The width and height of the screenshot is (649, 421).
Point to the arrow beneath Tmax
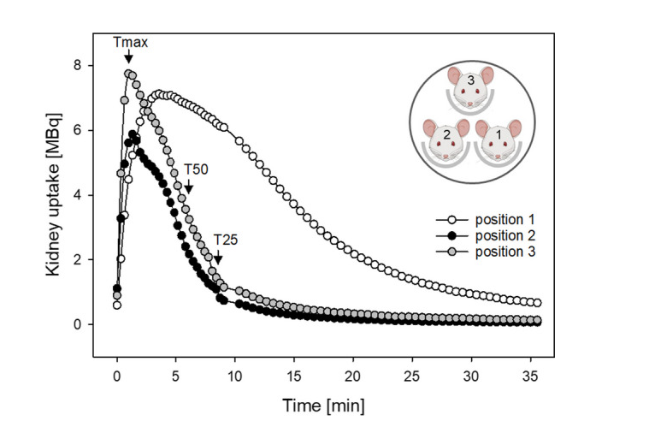pyautogui.click(x=128, y=57)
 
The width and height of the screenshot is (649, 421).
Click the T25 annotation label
pyautogui.click(x=227, y=240)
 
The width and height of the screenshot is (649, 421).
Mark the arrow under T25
pyautogui.click(x=218, y=257)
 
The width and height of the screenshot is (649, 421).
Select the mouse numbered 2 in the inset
pyautogui.click(x=446, y=141)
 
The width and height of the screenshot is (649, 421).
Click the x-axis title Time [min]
pyautogui.click(x=320, y=402)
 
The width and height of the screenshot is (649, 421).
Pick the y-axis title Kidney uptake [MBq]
pyautogui.click(x=53, y=194)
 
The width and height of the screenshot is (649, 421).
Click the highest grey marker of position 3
pyautogui.click(x=128, y=74)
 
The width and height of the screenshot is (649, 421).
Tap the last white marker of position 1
pyautogui.click(x=536, y=303)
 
